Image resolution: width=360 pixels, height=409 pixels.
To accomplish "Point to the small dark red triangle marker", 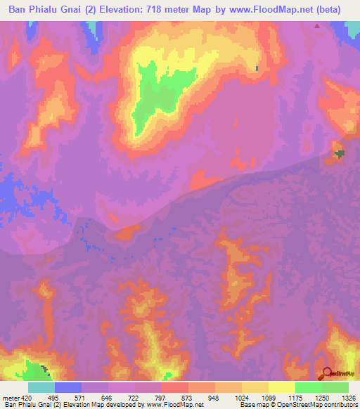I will coord(317,27).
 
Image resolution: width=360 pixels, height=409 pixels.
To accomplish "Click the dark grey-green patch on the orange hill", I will coord(340,153).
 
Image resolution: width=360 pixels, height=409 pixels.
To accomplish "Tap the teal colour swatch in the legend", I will coord(41,388).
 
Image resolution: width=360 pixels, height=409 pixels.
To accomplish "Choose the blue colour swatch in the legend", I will coord(68,388).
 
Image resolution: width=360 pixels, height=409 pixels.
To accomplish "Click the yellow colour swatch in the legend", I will coord(281,388).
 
